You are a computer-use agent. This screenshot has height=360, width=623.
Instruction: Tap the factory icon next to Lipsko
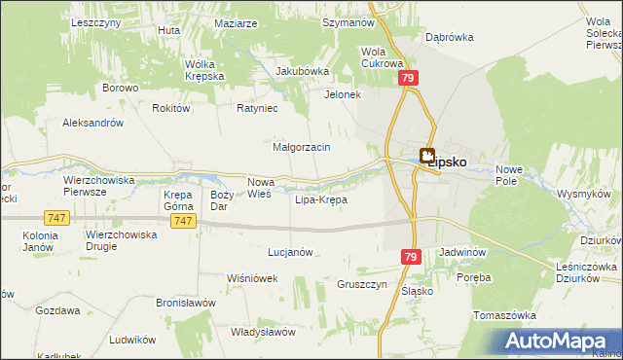pos(427,154)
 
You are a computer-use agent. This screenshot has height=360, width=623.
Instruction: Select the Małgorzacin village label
pos(302,147)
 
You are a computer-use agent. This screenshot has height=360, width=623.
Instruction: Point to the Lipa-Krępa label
pos(321,199)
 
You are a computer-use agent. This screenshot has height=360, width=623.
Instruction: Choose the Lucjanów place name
pos(290,251)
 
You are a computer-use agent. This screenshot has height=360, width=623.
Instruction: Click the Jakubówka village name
pos(303,71)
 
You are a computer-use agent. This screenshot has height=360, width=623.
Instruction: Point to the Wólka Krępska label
pos(205,70)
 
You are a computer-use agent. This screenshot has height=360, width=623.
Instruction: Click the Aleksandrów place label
pos(92,123)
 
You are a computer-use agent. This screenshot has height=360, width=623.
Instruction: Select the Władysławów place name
pos(263,332)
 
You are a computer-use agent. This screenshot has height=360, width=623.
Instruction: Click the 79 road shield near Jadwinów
pos(411,255)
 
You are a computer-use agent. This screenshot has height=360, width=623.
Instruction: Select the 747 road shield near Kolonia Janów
pos(55,219)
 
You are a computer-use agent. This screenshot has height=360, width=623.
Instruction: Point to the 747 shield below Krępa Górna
pos(182,222)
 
